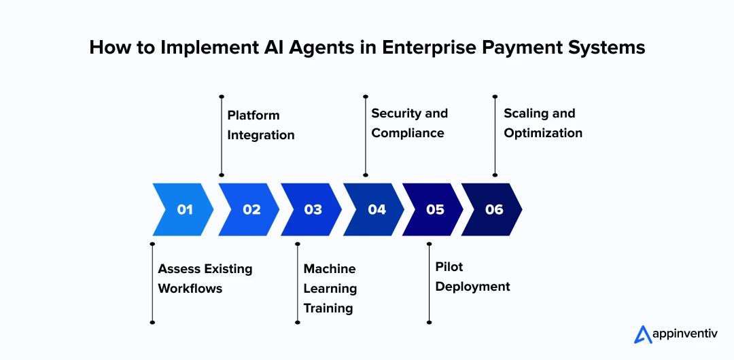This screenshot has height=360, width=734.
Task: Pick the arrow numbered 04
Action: click(375, 209)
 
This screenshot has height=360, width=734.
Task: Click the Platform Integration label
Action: click(261, 125)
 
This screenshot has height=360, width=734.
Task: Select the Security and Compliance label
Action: click(409, 123)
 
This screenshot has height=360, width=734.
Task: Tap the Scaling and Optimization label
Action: click(542, 123)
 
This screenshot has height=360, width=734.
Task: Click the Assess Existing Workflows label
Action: click(205, 278)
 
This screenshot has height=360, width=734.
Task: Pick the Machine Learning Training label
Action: click(330, 288)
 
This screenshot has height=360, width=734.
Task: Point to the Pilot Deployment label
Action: click(472, 276)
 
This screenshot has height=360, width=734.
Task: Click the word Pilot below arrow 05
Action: click(449, 267)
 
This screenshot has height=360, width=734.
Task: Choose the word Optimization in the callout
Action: click(543, 133)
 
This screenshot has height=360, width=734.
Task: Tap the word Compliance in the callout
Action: click(408, 133)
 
